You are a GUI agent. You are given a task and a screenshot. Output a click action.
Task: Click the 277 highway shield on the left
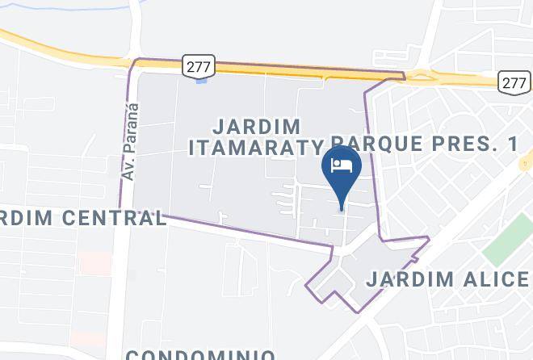(x=198, y=67)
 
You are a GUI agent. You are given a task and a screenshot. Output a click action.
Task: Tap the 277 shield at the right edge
(x=514, y=82)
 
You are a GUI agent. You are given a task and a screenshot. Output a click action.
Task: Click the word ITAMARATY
(x=256, y=148)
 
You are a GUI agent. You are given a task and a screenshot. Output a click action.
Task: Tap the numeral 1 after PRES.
(x=511, y=144)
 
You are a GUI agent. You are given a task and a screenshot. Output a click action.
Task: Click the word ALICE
(x=497, y=279)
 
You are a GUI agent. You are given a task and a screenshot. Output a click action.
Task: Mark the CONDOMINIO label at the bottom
(x=200, y=354)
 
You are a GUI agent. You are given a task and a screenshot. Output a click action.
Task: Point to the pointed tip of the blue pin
(x=342, y=209)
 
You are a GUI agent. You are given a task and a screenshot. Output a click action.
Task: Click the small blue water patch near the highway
(x=201, y=79)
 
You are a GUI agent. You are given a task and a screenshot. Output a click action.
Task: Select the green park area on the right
(x=508, y=237)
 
